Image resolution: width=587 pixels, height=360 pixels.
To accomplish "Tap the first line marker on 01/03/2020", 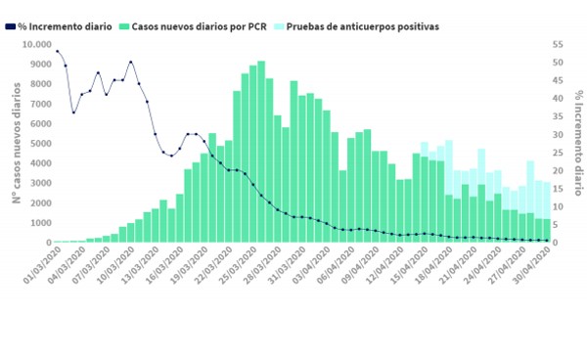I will pyautogui.click(x=57, y=51).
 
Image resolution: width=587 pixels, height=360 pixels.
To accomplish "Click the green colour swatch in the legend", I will pyautogui.click(x=122, y=26).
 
